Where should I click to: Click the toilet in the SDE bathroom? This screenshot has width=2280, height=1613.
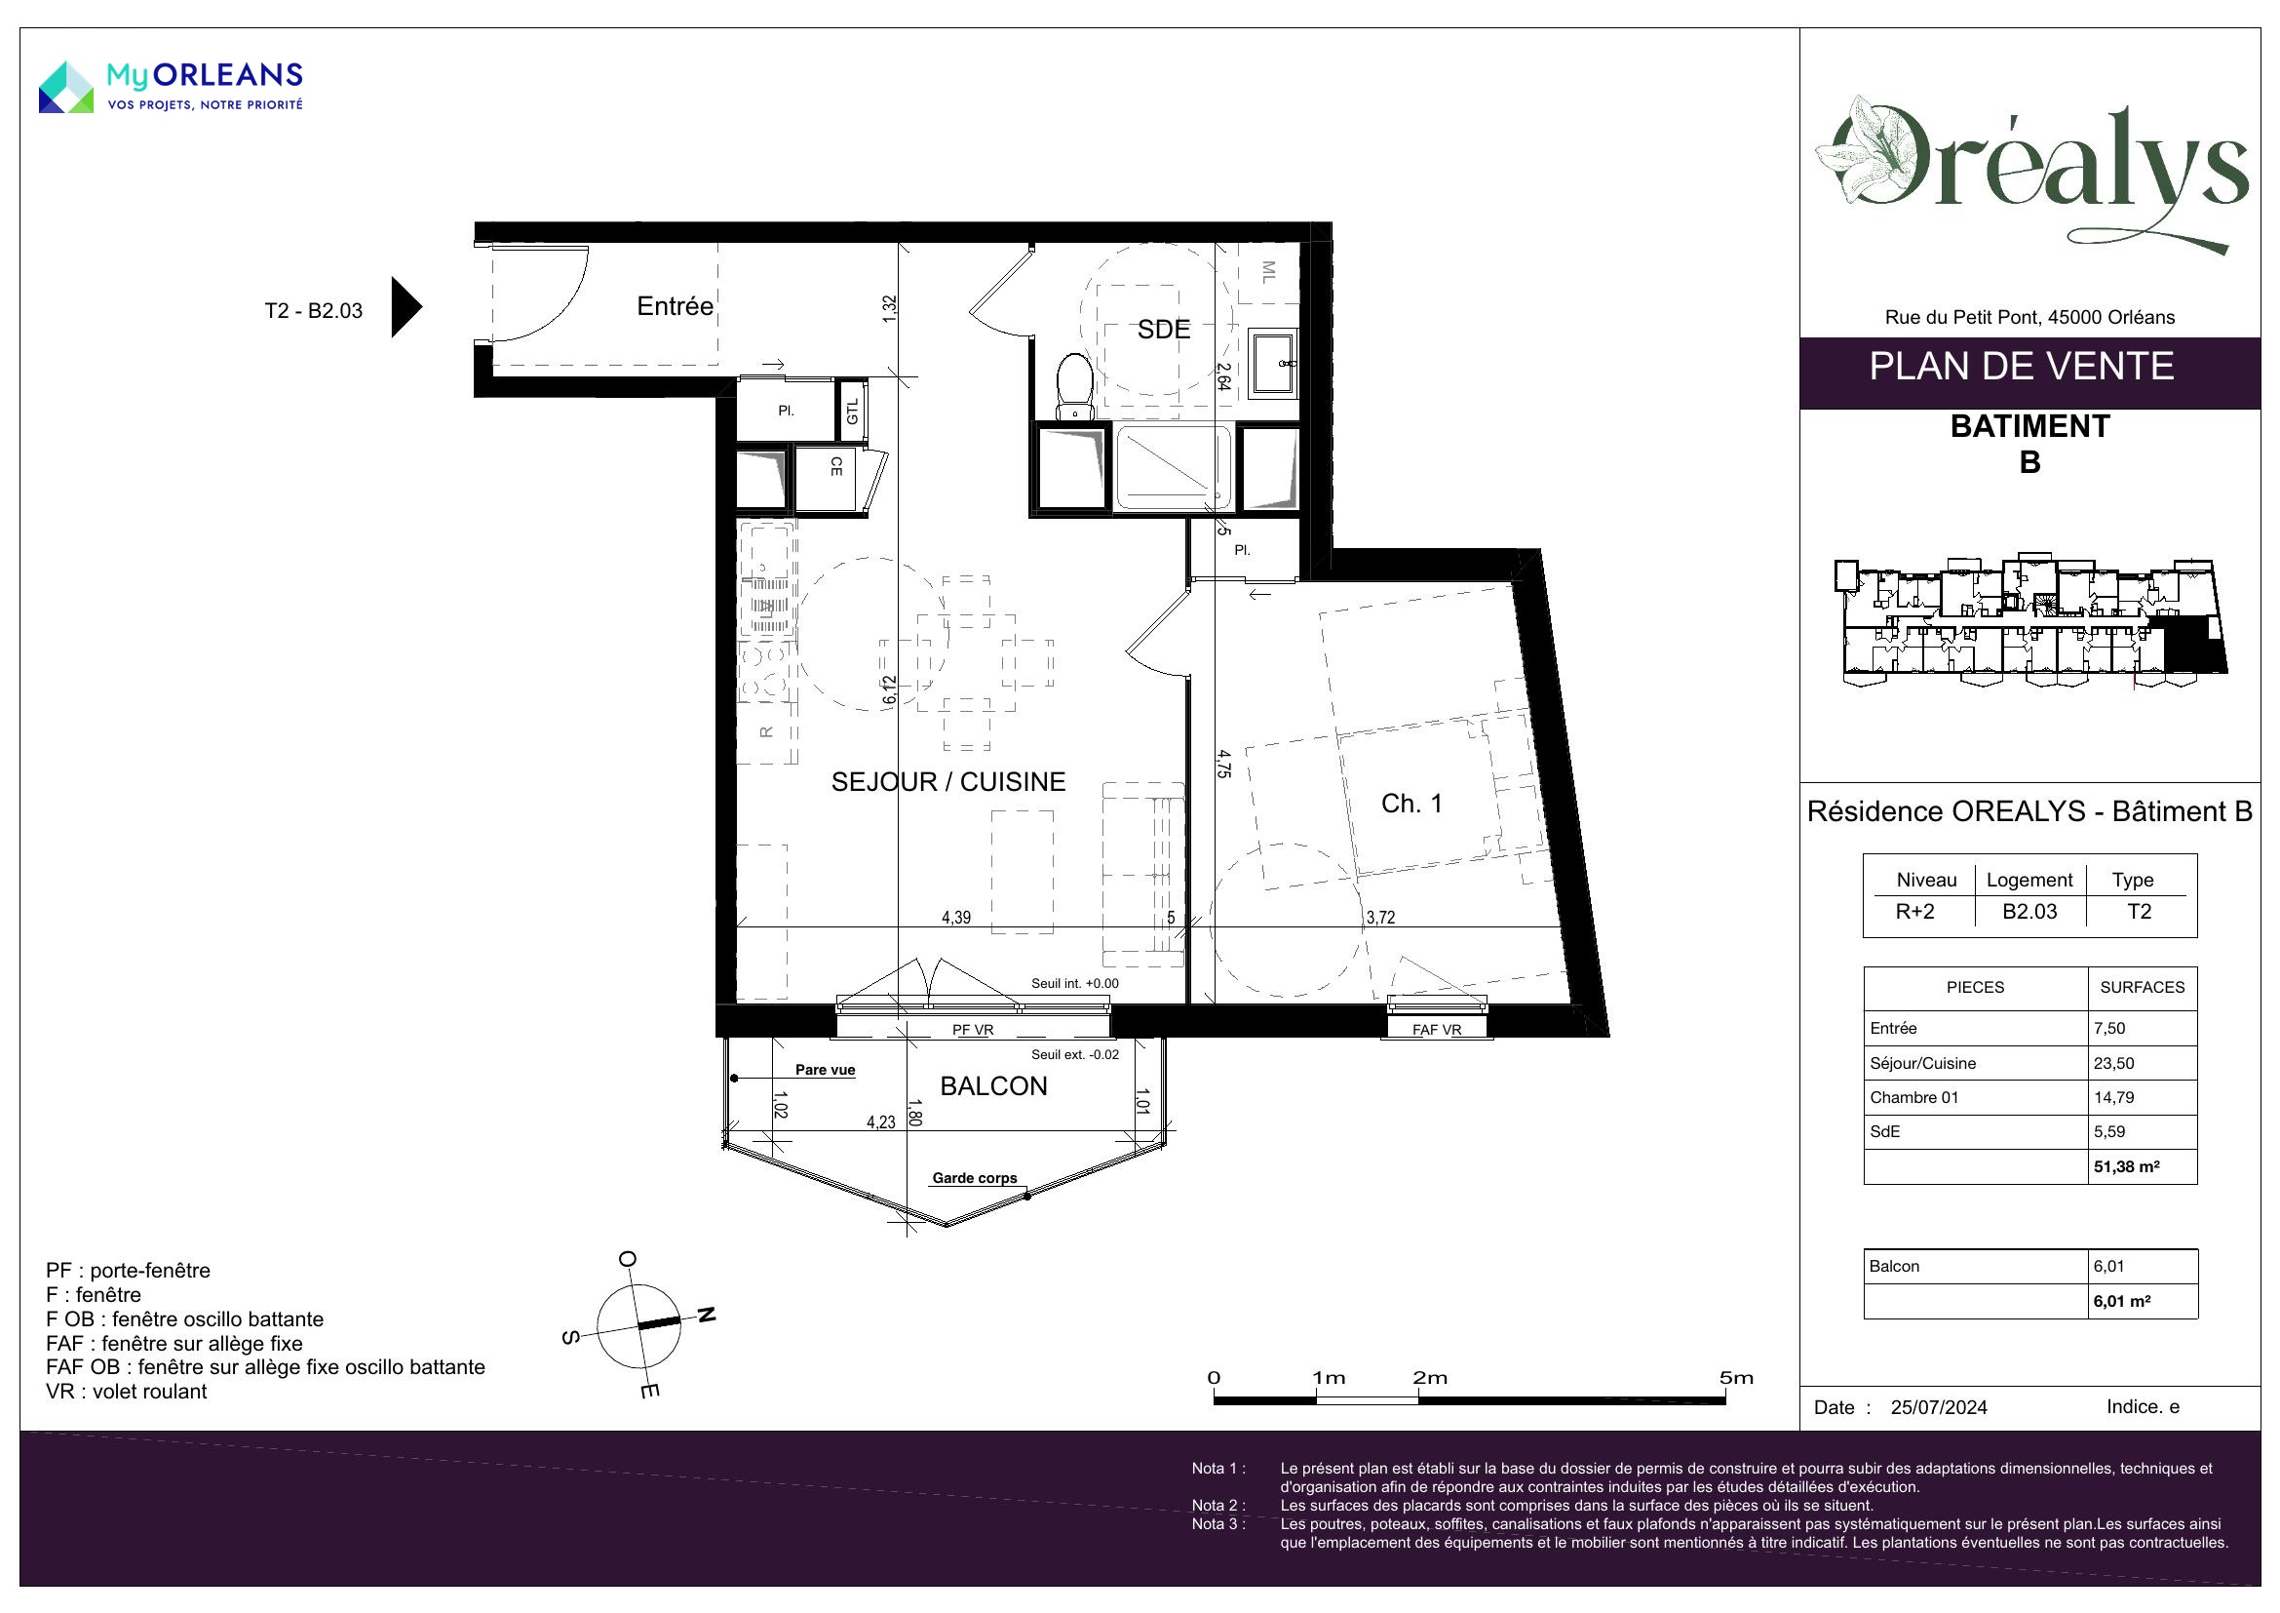pos(1073,386)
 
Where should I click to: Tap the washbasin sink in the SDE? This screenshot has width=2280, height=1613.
pos(1273,364)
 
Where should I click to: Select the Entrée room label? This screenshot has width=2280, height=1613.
pos(676,306)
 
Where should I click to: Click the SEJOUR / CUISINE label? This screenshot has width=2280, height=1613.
pos(948,782)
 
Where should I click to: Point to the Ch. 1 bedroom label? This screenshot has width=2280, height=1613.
pos(1411,804)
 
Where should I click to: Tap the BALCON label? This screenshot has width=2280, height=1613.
pos(993,1086)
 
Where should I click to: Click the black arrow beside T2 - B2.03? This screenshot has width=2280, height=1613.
pos(407,307)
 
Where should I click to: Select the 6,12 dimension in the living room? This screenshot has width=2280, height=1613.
pos(890,690)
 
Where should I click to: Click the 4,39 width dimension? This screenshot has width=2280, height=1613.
pos(956,918)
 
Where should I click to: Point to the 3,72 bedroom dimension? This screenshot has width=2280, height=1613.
pos(1380,918)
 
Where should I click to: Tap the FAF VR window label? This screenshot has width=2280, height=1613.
pos(1437,1030)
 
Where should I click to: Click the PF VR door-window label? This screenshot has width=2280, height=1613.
pos(973,1030)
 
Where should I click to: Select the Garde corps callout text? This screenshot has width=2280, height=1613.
pos(974,1178)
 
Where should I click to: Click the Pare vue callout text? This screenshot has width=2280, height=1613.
pos(826,1070)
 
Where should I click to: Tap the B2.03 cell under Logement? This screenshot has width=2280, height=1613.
pos(2029,912)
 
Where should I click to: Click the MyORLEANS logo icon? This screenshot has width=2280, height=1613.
pos(66,87)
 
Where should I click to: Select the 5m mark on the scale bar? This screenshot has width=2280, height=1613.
pos(1736,1378)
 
